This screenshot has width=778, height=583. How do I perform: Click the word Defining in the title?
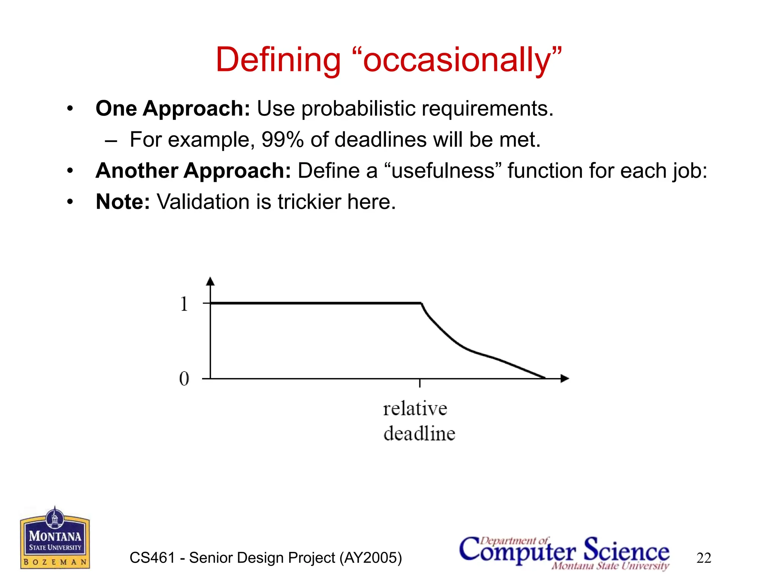pos(278,60)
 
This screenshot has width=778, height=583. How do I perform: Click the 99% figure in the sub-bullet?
pos(283,140)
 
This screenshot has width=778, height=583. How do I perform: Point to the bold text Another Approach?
pos(193,170)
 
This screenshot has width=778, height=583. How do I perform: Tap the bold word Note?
pos(123,202)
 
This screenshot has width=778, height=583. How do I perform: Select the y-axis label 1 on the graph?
pos(184,304)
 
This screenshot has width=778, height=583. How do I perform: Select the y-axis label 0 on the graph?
pos(184,378)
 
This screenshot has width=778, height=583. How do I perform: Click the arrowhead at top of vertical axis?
pos(210,281)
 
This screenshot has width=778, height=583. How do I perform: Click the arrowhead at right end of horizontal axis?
pos(565,378)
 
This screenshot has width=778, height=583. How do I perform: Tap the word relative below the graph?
pos(415,409)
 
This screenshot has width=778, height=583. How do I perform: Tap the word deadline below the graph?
pos(419,434)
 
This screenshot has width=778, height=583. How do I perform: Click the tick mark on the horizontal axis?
pos(420,383)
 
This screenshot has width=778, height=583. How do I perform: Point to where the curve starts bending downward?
pos(422,303)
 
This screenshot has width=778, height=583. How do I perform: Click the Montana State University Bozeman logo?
pos(55,538)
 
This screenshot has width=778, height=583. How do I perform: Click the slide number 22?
pos(704,558)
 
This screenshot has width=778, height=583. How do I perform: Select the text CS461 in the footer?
pos(152,558)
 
